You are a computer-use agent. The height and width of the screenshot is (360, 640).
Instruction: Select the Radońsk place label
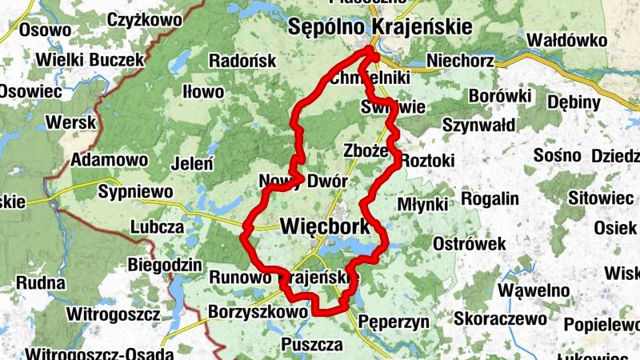pyautogui.click(x=242, y=61)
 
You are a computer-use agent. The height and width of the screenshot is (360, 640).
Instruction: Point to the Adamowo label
pyautogui.click(x=110, y=160)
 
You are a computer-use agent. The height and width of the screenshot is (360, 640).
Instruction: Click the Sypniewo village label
pyautogui.click(x=135, y=192)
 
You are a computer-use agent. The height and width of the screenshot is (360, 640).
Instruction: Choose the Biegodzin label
pyautogui.click(x=164, y=265)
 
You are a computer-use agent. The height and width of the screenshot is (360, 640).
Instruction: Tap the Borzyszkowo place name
pyautogui.click(x=258, y=311)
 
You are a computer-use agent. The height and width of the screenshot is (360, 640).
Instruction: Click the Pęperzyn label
pyautogui.click(x=394, y=322)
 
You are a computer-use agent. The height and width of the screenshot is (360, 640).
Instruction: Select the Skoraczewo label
pyautogui.click(x=499, y=318)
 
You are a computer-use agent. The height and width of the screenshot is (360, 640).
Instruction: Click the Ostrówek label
pyautogui.click(x=470, y=242)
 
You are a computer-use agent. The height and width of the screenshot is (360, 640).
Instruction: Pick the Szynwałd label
pyautogui.click(x=479, y=125)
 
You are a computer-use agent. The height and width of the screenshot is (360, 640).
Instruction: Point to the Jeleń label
pyautogui.click(x=193, y=164)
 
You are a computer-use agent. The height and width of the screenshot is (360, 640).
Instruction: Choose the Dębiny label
pyautogui.click(x=574, y=102)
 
